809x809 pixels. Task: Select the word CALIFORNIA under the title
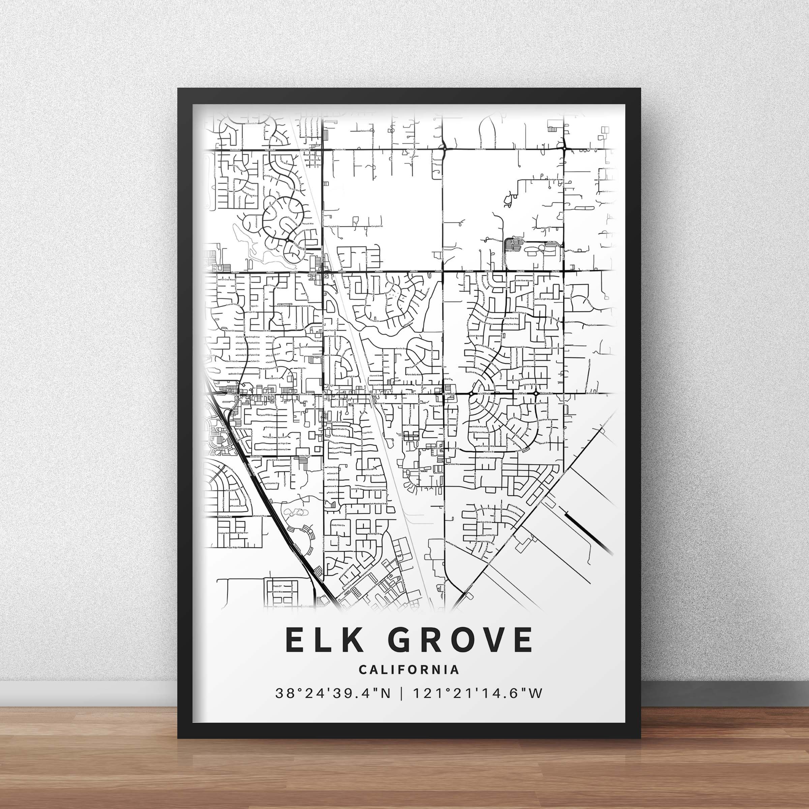[409, 669]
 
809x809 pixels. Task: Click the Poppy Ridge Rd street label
[235, 547]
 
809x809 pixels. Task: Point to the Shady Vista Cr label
[337, 525]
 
